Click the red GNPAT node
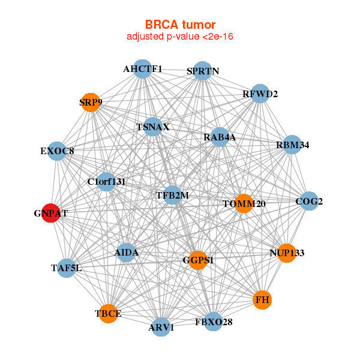[51, 213]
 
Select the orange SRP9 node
[90, 102]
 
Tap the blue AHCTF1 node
[142, 69]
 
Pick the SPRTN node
[202, 71]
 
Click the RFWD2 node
[259, 94]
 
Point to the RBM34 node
[292, 145]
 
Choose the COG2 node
[308, 202]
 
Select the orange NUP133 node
[287, 253]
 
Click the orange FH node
[262, 299]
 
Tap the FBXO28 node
[214, 322]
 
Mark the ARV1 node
[161, 327]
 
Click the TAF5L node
[67, 268]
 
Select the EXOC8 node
[58, 151]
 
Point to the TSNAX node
[153, 127]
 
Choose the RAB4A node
[220, 137]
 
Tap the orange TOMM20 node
[244, 204]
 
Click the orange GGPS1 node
[198, 260]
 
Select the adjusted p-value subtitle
[180, 37]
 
